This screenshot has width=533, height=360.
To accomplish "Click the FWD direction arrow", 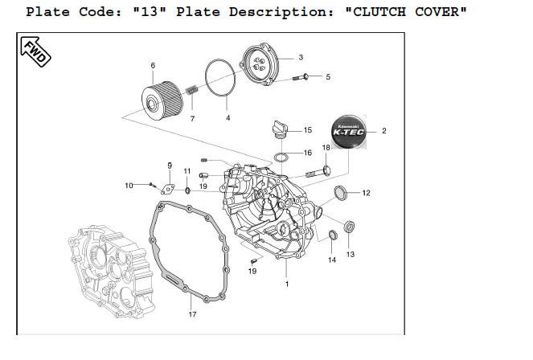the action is click(x=35, y=51).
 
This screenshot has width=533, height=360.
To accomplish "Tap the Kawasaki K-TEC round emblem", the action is click(x=348, y=132).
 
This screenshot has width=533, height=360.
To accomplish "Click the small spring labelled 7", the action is click(x=191, y=90).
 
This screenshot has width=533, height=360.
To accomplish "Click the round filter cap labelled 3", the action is click(x=260, y=63).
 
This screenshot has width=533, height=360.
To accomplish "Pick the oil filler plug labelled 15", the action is click(x=280, y=129).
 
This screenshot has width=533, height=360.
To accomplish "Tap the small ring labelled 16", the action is click(x=281, y=158).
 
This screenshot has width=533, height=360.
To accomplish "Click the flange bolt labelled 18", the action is click(x=319, y=172).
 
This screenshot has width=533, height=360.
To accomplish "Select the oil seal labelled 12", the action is click(x=340, y=193).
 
